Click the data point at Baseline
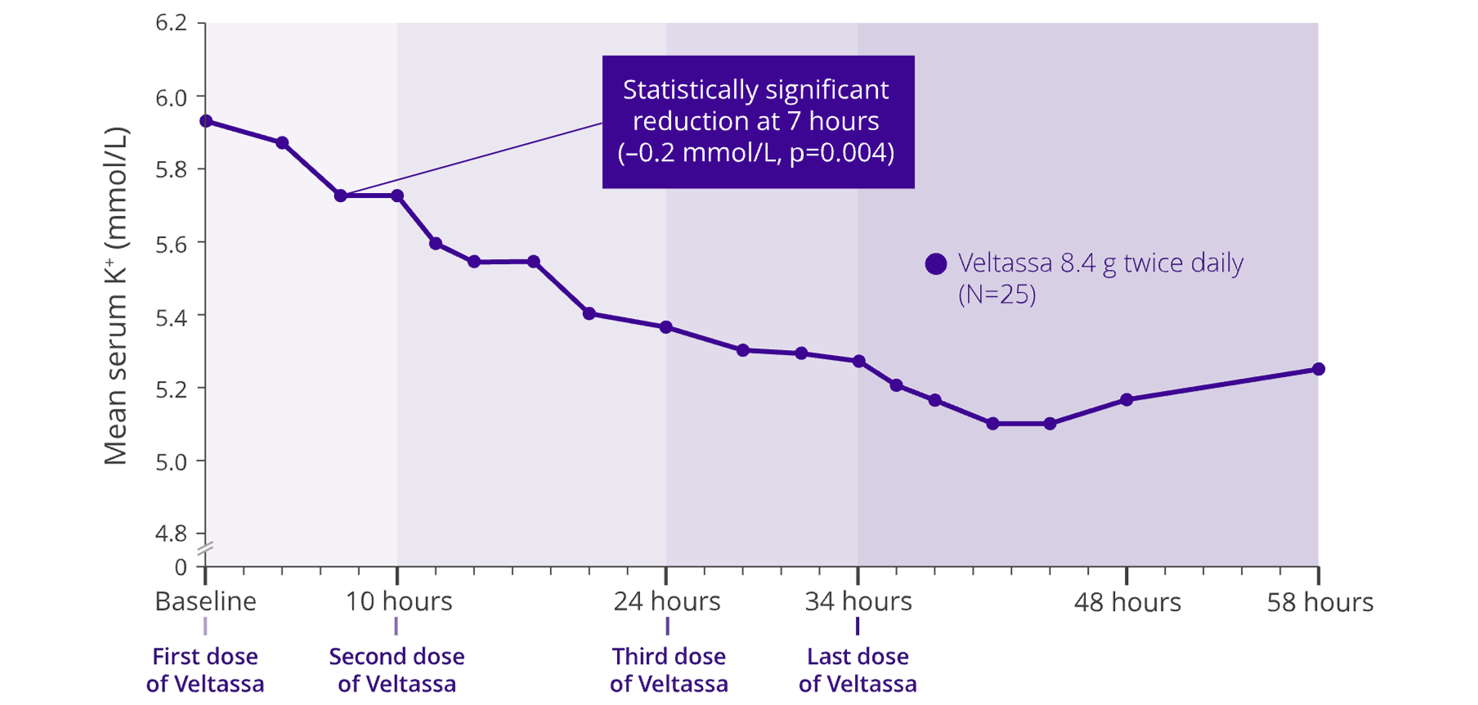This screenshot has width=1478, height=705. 206,121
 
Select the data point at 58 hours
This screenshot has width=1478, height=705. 1319,369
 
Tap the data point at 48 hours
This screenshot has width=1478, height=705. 1126,399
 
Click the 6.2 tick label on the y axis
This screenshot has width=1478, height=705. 171,23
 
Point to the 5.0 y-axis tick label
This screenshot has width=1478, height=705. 171,461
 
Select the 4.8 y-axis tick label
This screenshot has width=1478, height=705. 171,533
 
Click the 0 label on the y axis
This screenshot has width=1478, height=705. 181,567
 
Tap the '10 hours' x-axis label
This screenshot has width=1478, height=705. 398,602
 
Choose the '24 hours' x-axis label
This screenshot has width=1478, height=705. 667,602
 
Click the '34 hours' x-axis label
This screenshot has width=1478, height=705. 858,602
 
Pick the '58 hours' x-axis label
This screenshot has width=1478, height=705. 1319,603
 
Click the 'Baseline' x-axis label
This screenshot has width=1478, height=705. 206,602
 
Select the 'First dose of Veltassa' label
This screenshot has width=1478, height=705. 205,670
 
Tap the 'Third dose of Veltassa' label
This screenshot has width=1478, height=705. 669,670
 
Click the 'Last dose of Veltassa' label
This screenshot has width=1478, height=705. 858,670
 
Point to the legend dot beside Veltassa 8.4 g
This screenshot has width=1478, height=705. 936,263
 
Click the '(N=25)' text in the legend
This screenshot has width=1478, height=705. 997,294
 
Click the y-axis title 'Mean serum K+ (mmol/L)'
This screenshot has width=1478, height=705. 116,296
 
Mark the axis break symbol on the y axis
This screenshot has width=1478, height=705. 205,549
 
